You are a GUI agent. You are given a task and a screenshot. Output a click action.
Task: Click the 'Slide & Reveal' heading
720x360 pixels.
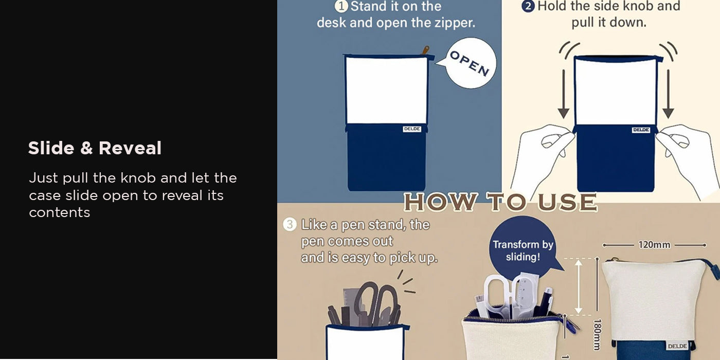click(x=95, y=148)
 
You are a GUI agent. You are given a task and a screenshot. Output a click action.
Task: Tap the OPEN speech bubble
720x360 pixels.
click(x=469, y=63)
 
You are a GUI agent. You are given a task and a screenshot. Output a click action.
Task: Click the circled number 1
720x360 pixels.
click(x=341, y=6)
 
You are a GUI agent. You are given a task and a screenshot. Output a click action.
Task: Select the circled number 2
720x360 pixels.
click(x=528, y=6)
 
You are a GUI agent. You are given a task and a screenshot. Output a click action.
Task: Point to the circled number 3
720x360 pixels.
click(x=290, y=224)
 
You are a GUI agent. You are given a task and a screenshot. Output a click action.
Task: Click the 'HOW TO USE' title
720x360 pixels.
click(x=500, y=202)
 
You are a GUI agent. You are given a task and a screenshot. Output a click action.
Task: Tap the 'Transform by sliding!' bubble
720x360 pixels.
click(x=524, y=247)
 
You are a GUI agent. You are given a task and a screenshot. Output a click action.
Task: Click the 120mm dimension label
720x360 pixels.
click(x=654, y=245)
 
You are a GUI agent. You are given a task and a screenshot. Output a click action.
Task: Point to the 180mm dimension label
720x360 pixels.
click(x=597, y=334)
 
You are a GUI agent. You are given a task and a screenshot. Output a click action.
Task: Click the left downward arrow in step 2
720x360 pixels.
click(x=564, y=94)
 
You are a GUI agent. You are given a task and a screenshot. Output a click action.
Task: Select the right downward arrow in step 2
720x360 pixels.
click(x=668, y=94)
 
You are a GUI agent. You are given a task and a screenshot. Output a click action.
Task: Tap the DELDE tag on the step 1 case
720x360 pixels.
click(x=412, y=129)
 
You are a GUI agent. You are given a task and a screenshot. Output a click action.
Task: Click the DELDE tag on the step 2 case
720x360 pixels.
click(x=641, y=130)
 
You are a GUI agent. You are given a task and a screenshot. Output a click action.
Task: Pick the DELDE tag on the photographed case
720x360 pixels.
click(x=677, y=346)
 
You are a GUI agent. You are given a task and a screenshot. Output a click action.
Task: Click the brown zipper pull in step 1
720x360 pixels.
click(x=425, y=50)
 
